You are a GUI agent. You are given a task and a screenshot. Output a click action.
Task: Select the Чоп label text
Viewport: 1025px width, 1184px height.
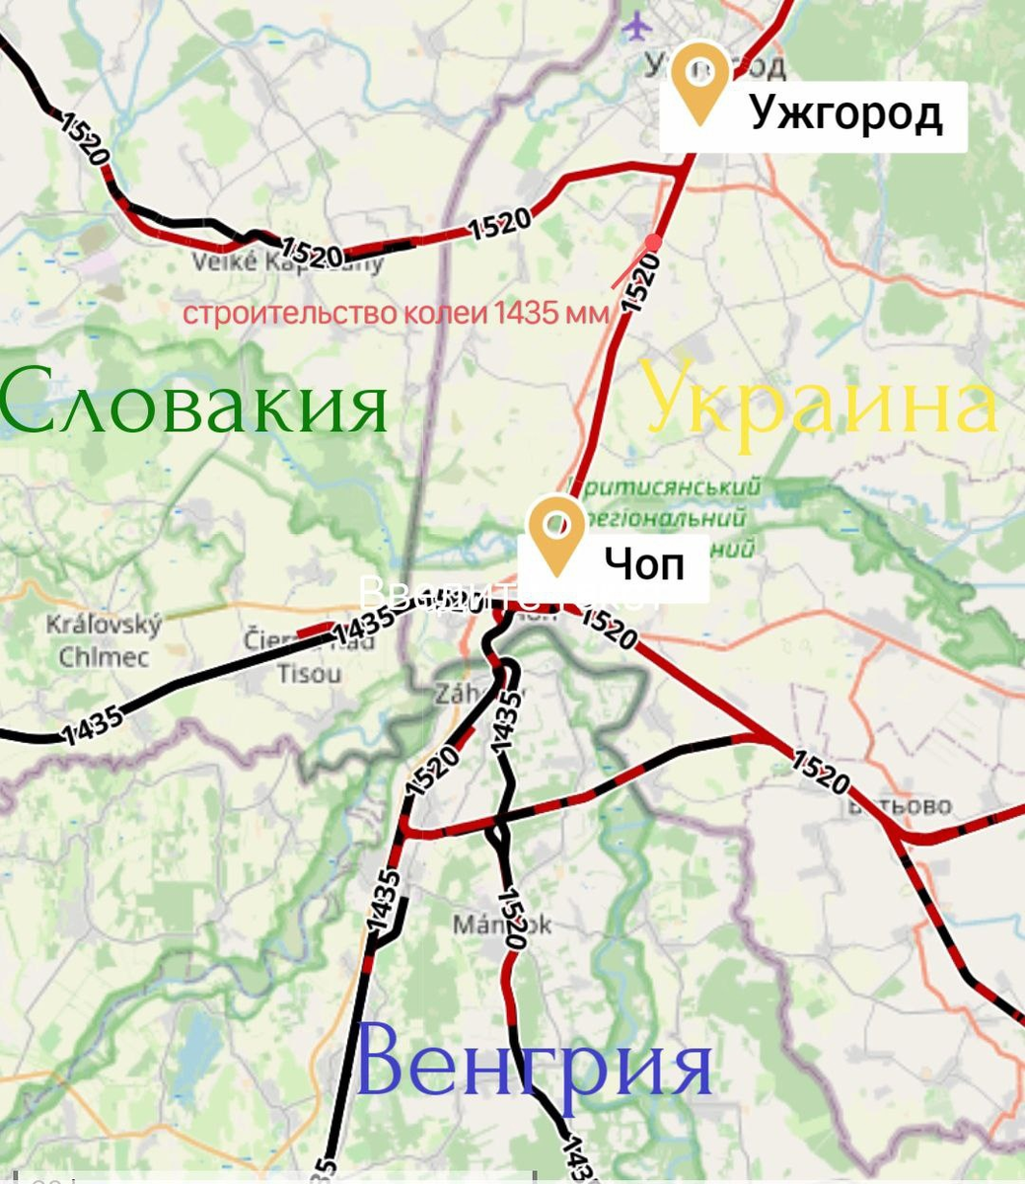[643, 564]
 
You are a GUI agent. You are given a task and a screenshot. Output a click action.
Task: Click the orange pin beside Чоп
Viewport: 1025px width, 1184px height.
[556, 533]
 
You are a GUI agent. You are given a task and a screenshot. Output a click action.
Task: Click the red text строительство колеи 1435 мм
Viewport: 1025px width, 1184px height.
[396, 314]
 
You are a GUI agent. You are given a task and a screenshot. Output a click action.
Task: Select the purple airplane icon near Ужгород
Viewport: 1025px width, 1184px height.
[635, 24]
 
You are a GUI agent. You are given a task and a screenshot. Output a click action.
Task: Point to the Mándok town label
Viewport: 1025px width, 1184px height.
[501, 925]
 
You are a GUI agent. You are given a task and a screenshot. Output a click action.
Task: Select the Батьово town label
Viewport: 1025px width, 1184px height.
[899, 806]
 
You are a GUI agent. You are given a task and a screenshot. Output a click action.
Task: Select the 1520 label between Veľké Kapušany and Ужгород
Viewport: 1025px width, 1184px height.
[500, 224]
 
